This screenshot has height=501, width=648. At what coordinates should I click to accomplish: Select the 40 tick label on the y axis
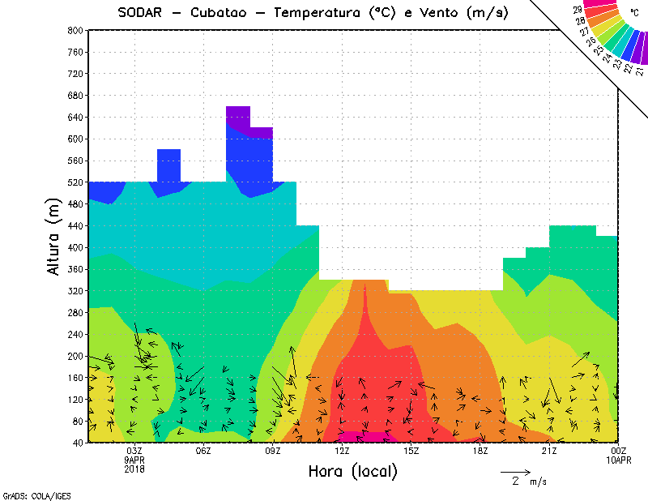(x=78, y=443)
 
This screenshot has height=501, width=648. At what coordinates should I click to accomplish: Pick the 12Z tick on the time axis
(x=343, y=451)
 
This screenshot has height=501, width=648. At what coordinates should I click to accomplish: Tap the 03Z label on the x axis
(x=134, y=451)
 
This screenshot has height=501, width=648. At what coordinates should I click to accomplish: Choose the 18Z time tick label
(x=480, y=451)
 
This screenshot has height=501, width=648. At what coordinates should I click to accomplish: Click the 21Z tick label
(x=549, y=451)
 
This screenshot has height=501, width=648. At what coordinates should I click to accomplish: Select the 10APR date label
(x=619, y=460)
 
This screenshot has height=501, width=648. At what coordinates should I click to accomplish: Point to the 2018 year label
(x=134, y=468)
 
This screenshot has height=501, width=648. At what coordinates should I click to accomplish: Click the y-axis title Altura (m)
(x=54, y=236)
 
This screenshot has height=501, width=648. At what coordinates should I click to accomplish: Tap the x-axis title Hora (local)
(x=353, y=471)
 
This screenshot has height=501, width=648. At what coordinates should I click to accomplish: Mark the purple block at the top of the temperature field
(x=237, y=117)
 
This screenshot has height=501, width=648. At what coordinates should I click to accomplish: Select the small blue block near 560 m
(x=168, y=165)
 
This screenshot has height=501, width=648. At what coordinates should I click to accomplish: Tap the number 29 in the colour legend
(x=577, y=10)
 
